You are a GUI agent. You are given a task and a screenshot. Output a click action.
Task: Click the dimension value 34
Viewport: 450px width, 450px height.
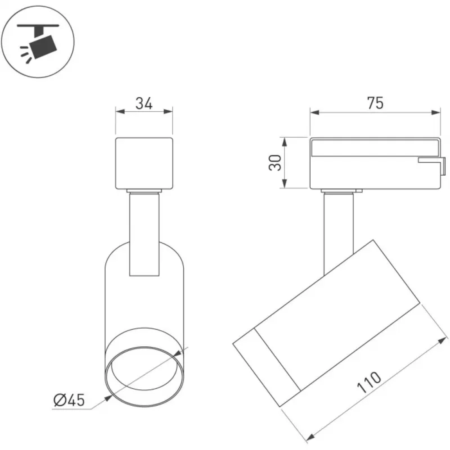coord(144,103)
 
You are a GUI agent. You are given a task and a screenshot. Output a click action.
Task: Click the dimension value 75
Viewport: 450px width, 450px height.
coord(375,103)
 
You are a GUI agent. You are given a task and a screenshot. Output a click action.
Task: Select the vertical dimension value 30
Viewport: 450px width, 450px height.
coord(275,163)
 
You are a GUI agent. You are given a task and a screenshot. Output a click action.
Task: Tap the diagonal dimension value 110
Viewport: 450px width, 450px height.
coord(369,382)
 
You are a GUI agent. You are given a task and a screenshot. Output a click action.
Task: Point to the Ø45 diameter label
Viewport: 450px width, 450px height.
coord(69,400)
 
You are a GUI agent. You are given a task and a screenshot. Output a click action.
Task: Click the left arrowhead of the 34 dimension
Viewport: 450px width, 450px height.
coord(120,111)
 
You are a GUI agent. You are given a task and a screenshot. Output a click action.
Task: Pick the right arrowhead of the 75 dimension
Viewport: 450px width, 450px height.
coord(435,112)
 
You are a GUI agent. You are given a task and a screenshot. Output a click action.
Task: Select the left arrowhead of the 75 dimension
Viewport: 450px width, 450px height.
coord(315,112)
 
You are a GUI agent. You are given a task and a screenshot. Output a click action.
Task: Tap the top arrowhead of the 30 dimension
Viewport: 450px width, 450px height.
coord(284,142)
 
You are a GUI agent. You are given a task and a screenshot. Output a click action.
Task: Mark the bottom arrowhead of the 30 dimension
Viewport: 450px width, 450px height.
coord(284,183)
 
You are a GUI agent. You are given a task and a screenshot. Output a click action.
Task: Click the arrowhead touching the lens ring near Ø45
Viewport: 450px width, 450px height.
coord(108,398)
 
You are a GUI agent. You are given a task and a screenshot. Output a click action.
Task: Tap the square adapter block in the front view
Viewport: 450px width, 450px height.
coord(144,164)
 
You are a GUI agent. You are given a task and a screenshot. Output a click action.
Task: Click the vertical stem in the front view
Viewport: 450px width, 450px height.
coord(144,234)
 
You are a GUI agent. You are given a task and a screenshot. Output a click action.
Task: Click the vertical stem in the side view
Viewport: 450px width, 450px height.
coord(339,234)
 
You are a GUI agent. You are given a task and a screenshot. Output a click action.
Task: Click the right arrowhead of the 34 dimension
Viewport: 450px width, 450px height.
coord(168,111)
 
